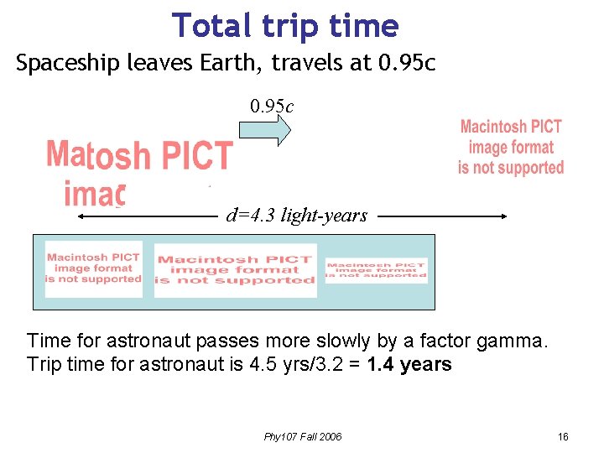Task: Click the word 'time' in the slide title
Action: click(x=365, y=26)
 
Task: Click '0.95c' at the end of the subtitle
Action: click(x=406, y=64)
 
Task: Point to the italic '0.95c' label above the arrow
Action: click(x=271, y=107)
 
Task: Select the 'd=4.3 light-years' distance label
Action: click(x=296, y=216)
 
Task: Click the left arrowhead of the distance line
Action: click(x=82, y=216)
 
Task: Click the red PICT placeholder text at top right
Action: click(x=510, y=148)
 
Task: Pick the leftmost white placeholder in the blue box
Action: click(x=93, y=268)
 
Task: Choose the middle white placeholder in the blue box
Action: click(x=235, y=270)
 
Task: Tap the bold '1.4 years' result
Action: click(x=409, y=365)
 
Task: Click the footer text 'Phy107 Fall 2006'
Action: click(x=302, y=437)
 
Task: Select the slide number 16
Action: click(x=563, y=437)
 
